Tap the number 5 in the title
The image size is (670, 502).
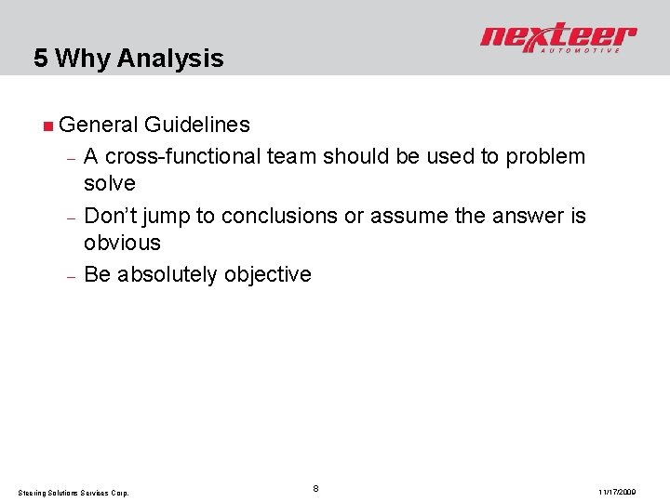tap(41, 59)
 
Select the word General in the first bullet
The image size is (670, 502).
tap(97, 125)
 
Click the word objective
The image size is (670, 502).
tap(268, 275)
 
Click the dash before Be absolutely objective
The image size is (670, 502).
tap(71, 276)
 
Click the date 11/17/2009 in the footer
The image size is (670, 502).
tap(618, 492)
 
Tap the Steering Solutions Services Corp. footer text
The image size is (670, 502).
tap(75, 492)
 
